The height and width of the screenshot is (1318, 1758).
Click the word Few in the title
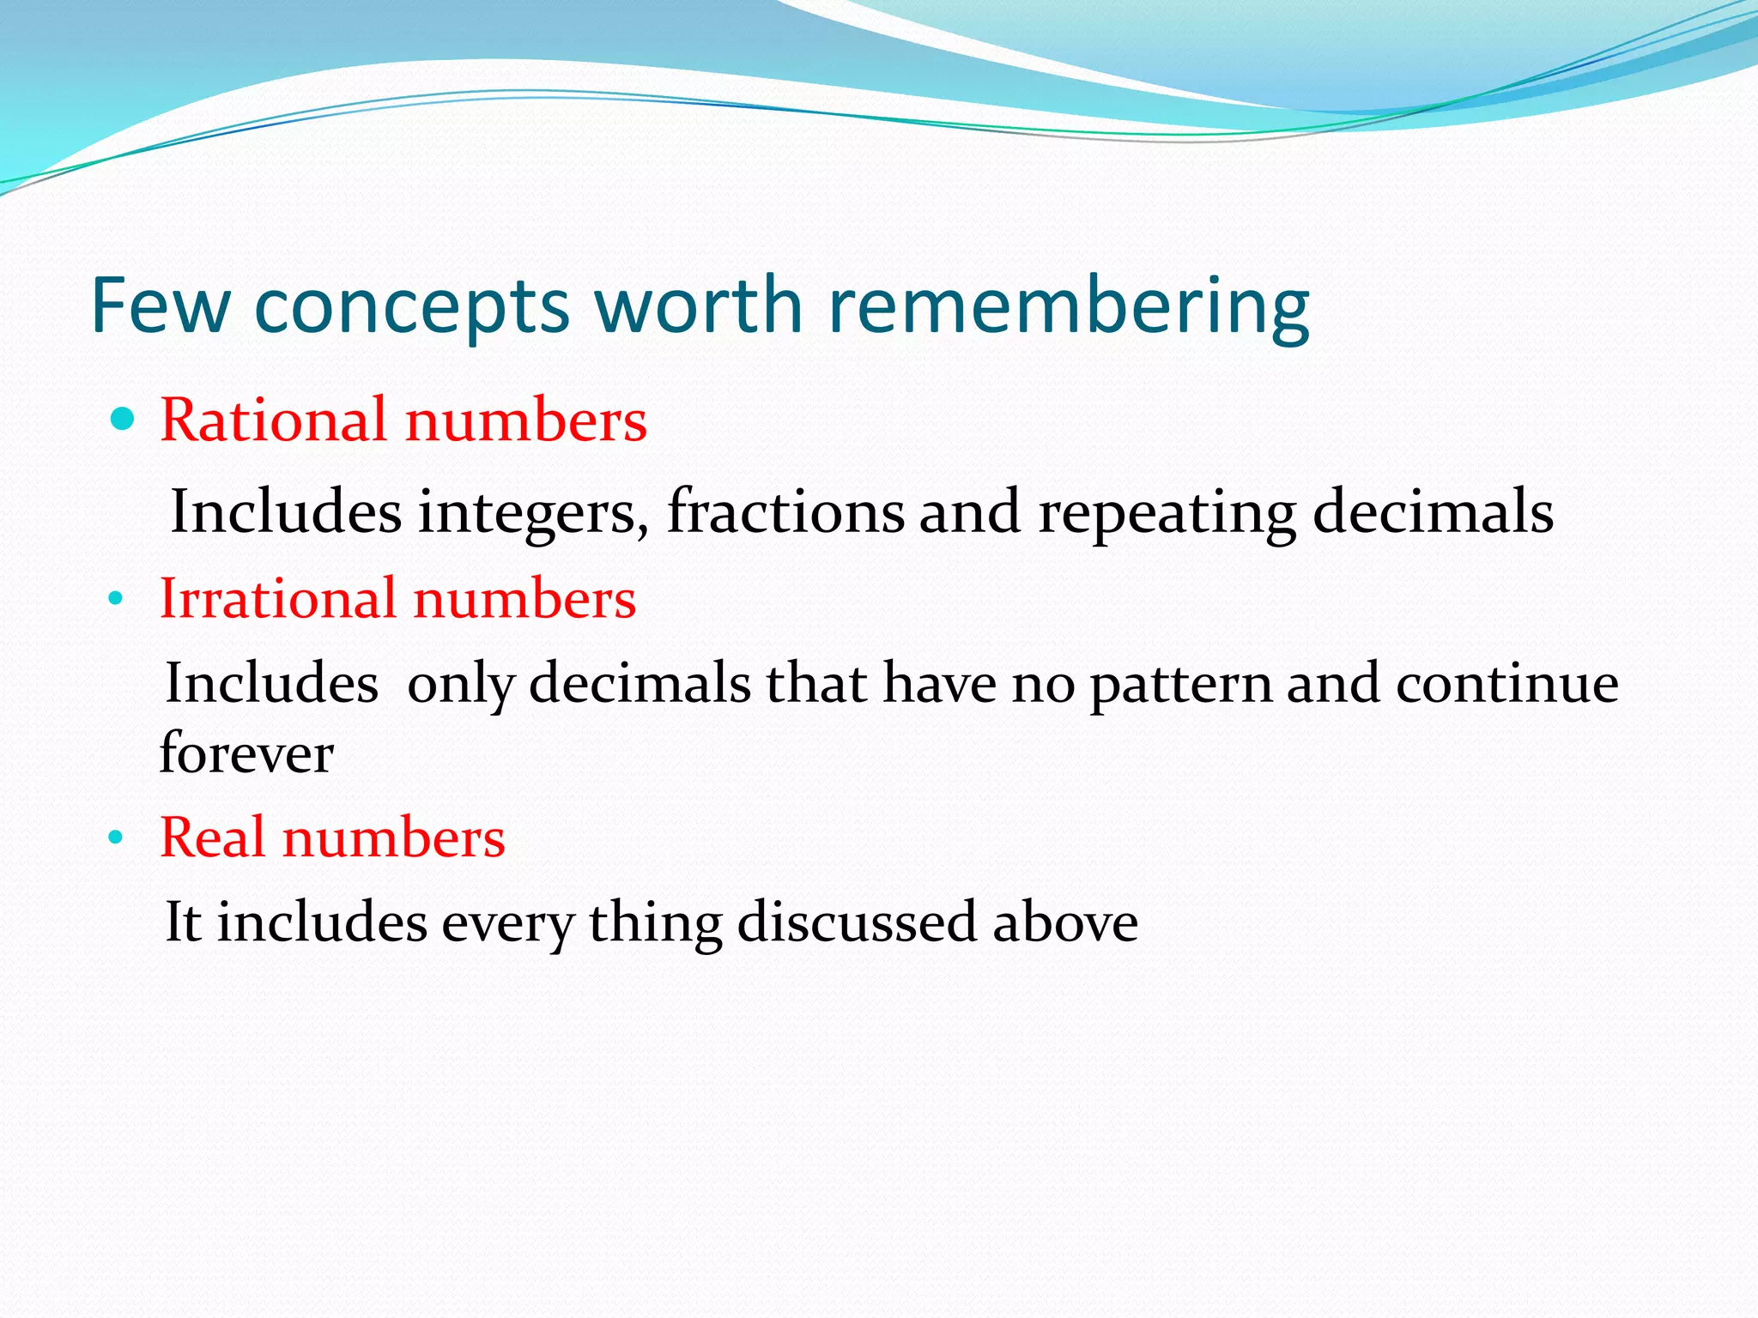pos(161,305)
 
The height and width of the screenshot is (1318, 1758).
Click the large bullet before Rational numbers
pos(124,420)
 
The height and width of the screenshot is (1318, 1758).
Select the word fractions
pos(785,511)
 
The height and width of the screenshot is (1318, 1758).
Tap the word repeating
pos(1167,513)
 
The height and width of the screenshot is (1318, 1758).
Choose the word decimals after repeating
pos(1433,511)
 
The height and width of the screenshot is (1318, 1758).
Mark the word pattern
pos(1181,686)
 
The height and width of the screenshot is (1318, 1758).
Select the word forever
pos(246,753)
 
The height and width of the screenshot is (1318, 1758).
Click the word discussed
pos(857,922)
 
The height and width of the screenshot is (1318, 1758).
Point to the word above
pos(1065,922)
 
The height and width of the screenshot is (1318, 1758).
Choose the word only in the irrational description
pos(462,686)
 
